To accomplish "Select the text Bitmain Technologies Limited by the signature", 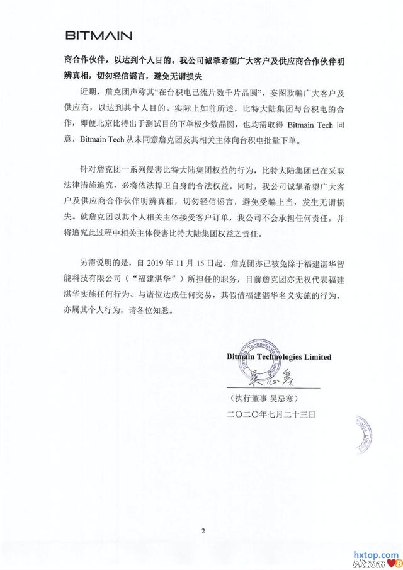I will coord(279,356).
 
